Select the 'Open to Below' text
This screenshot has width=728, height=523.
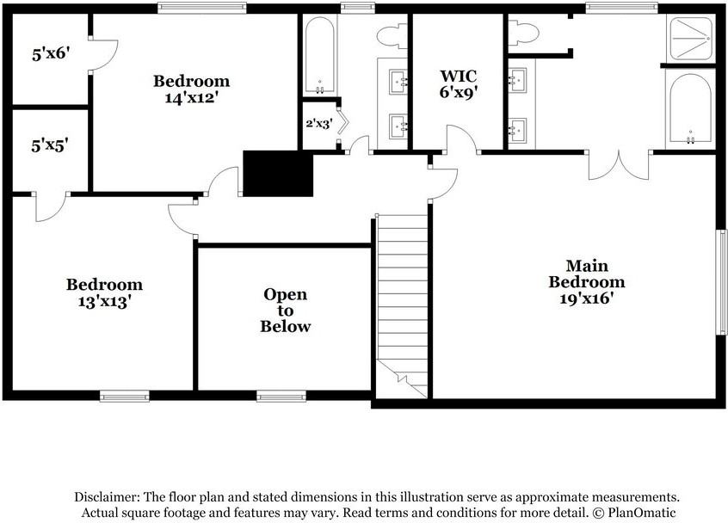[x=286, y=311]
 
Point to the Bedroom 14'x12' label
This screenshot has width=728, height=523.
[x=192, y=89]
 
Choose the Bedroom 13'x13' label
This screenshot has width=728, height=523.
[x=105, y=292]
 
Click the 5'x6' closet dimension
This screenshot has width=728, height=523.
[x=50, y=53]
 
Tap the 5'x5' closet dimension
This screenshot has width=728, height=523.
[x=50, y=145]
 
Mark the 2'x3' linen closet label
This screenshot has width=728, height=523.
[x=318, y=123]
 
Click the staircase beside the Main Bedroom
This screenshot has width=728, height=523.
[x=402, y=301]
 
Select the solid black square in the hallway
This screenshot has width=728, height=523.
[x=278, y=174]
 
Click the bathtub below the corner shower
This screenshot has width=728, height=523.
[x=689, y=108]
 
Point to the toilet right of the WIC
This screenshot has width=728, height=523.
[x=523, y=34]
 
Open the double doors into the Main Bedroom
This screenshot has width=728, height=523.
[x=619, y=163]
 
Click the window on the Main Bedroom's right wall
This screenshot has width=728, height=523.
[x=722, y=281]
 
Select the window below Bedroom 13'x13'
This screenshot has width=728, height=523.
[x=124, y=397]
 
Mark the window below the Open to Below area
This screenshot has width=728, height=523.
[x=281, y=397]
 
